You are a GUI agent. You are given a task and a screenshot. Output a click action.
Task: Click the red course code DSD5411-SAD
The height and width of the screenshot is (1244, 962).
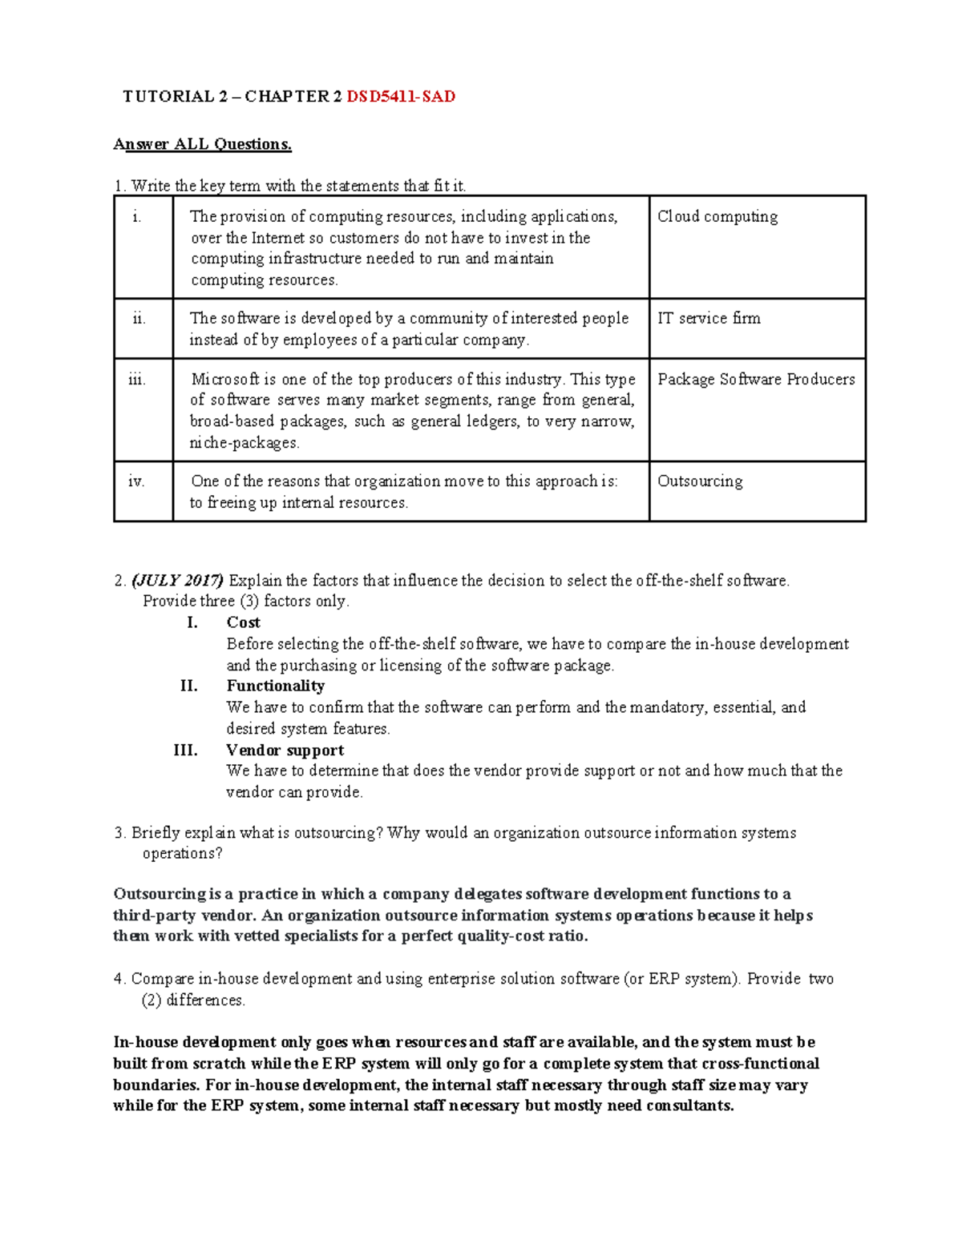tap(400, 97)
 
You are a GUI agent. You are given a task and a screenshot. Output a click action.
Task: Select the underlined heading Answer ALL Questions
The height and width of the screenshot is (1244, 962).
tap(202, 144)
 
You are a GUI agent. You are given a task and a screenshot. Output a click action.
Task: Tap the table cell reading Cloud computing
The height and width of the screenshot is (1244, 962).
tap(717, 216)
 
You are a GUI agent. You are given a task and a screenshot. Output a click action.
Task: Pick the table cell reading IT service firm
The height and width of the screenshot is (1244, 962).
tap(709, 318)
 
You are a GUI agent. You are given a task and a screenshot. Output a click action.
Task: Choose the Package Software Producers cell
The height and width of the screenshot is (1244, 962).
tap(756, 379)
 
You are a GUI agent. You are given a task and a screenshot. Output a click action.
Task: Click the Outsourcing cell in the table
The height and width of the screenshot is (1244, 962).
tap(700, 481)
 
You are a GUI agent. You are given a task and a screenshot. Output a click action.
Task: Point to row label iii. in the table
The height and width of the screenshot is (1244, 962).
tap(137, 379)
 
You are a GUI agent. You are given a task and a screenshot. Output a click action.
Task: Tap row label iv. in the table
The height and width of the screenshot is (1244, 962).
tap(136, 481)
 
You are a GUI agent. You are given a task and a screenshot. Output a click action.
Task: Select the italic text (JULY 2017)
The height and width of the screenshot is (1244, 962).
tap(179, 580)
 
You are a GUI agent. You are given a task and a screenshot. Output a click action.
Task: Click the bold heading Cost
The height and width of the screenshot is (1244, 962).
tap(243, 622)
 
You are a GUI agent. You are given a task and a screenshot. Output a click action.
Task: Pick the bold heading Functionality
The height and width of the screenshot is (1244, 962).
tap(275, 686)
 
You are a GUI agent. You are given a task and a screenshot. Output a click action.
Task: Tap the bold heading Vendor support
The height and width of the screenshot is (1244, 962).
tap(285, 750)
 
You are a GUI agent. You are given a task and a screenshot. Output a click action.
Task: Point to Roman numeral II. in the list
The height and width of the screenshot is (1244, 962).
tap(188, 686)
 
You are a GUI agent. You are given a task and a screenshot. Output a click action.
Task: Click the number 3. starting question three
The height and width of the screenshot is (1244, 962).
tap(120, 833)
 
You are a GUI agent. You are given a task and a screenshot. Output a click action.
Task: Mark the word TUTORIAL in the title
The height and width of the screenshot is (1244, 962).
tap(168, 97)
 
